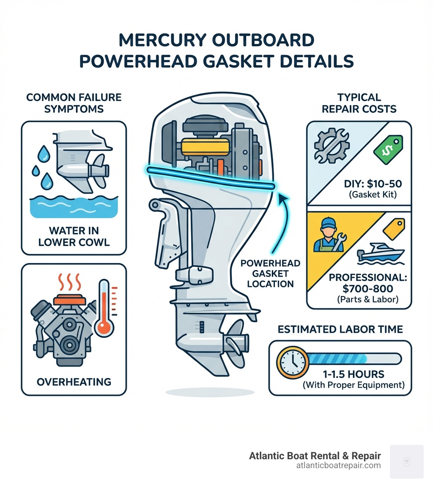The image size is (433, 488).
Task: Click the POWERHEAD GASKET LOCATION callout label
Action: pyautogui.click(x=270, y=273)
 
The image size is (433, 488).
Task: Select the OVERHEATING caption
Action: pyautogui.click(x=74, y=381)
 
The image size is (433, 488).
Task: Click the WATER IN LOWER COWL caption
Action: pyautogui.click(x=74, y=236)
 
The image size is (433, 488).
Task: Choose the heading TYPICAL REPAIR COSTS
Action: pyautogui.click(x=359, y=103)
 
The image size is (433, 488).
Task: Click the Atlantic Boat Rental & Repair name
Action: pyautogui.click(x=315, y=456)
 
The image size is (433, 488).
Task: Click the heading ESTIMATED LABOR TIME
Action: pyautogui.click(x=340, y=329)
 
